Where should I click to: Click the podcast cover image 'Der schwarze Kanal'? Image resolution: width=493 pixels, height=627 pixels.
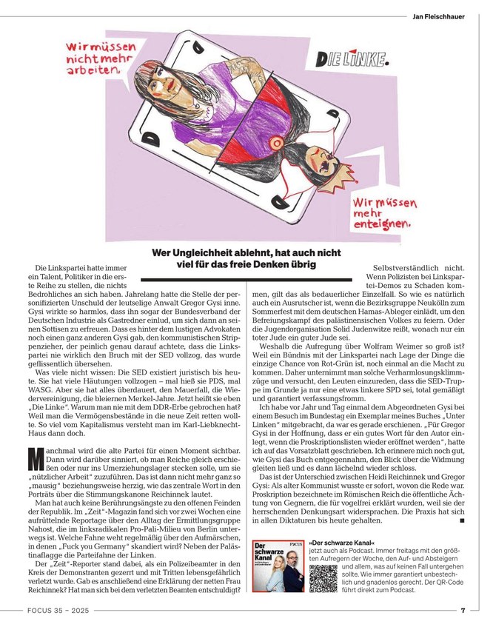pyautogui.click(x=278, y=566)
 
